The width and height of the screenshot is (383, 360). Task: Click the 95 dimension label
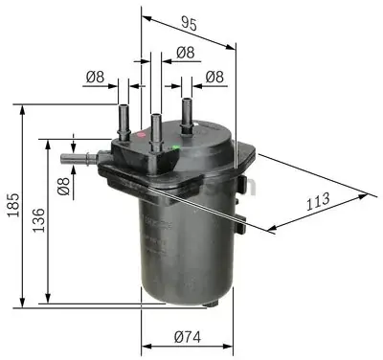pos(189,23)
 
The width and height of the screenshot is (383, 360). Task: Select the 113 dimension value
pos(318,201)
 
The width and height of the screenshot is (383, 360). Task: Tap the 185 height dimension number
pos(13,205)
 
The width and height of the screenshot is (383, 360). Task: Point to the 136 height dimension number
pos(39,220)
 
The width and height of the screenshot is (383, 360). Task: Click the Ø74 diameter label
pos(188,337)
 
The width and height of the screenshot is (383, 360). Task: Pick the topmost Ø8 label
pos(185,53)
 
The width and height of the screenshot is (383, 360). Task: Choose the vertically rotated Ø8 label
pos(63,186)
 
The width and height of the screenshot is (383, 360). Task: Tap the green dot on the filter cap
pos(175,147)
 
